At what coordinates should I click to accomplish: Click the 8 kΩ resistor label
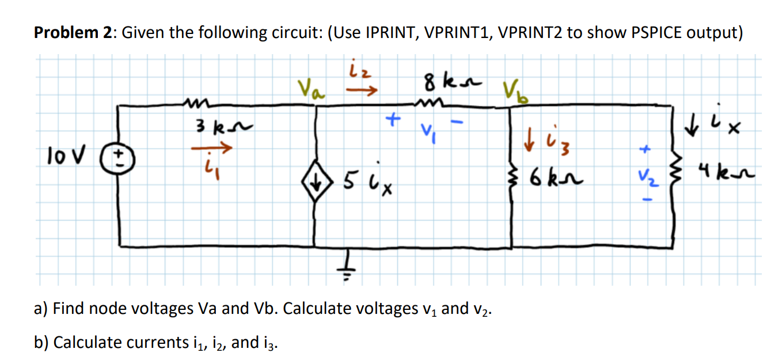pos(445,82)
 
